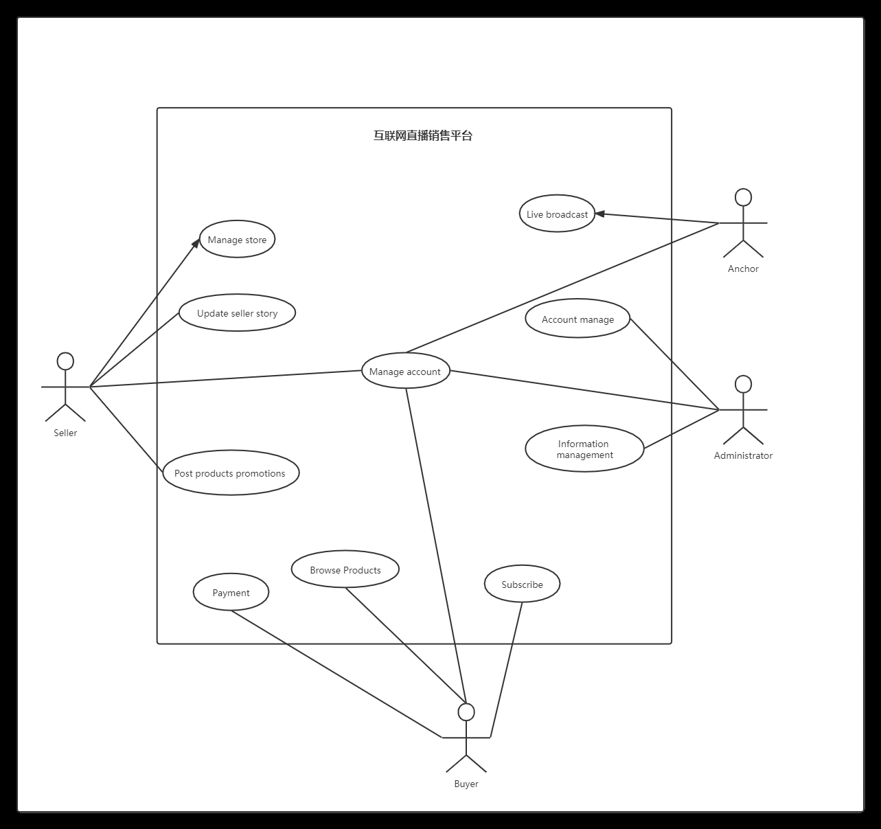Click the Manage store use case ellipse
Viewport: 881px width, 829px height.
(238, 239)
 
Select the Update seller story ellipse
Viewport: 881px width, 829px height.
(238, 313)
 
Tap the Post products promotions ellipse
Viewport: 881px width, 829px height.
(231, 473)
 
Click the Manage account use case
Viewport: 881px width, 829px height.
(406, 371)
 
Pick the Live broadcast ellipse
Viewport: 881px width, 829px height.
(557, 214)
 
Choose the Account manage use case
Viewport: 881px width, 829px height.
(577, 318)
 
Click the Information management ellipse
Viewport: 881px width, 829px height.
(584, 448)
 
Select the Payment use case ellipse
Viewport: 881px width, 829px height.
(231, 592)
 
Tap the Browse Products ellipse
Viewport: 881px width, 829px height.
(345, 569)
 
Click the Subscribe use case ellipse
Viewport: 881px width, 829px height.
(522, 584)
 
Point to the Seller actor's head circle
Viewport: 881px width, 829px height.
(65, 361)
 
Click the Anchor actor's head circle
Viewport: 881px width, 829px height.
(743, 198)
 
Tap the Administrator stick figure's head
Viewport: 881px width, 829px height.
(743, 385)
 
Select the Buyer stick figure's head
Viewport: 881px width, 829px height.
(466, 712)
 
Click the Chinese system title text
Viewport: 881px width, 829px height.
(423, 136)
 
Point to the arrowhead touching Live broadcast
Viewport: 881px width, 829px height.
(599, 214)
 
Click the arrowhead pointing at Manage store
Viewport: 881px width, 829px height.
(196, 243)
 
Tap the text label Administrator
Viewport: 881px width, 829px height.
(743, 455)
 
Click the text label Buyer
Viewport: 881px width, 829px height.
(466, 784)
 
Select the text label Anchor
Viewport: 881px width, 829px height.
(743, 269)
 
